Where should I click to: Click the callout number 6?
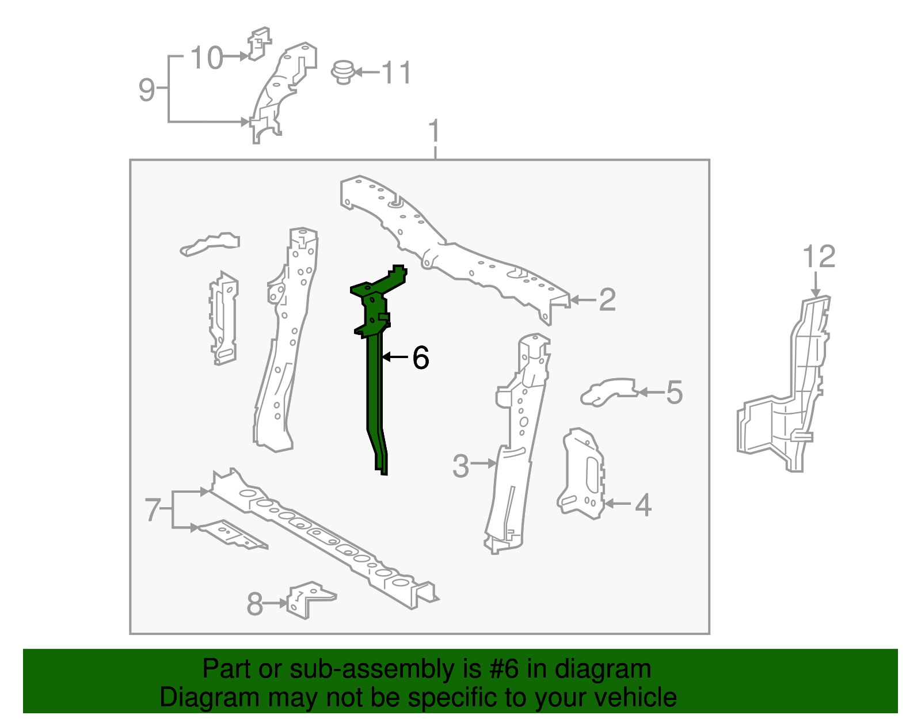point(420,357)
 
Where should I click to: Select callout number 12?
point(819,256)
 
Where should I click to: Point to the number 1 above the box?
point(435,131)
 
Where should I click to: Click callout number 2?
point(607,300)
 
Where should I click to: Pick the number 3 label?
point(461,466)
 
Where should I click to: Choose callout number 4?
point(643,505)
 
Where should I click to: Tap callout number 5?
point(674,393)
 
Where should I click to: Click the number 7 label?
point(153,509)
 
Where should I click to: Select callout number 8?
point(255,604)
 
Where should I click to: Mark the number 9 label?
point(147,89)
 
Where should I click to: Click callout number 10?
point(207,58)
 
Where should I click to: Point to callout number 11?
point(396,73)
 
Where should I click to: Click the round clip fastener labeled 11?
point(343,73)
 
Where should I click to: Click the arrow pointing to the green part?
point(395,357)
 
